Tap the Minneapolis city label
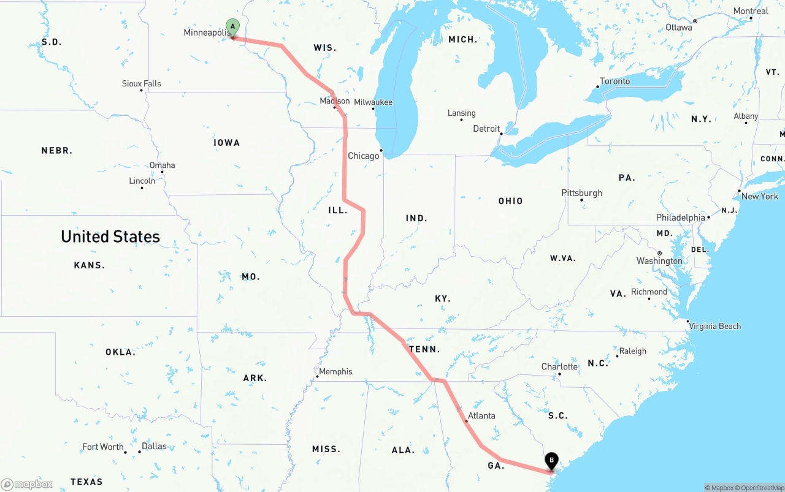[206, 32]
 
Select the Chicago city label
[364, 156]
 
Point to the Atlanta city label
[481, 415]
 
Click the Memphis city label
[335, 371]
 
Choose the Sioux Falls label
[141, 83]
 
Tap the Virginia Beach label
[714, 326]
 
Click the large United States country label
[110, 237]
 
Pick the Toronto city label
[615, 81]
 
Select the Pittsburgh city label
[581, 193]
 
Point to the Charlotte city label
[559, 366]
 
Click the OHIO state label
[510, 201]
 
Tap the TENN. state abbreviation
[424, 349]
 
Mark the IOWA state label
[226, 143]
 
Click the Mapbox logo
[27, 485]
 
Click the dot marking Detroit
[501, 133]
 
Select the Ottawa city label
[678, 27]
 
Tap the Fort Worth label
[103, 447]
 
